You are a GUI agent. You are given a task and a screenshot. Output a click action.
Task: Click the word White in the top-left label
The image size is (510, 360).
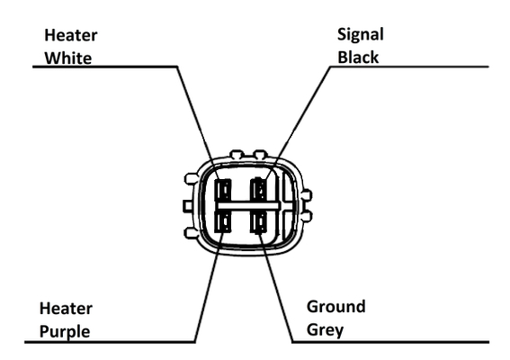click(x=68, y=58)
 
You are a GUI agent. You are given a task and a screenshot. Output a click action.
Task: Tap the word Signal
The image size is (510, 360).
click(x=361, y=35)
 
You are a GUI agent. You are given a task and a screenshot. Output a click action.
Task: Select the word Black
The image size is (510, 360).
click(x=358, y=58)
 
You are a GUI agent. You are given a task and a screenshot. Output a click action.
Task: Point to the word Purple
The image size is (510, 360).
click(x=65, y=332)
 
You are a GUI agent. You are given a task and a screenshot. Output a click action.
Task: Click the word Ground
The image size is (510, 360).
click(x=336, y=307)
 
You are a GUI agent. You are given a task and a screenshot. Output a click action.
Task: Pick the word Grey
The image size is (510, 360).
click(x=325, y=330)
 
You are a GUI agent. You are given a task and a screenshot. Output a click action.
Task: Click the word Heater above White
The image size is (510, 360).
click(x=70, y=35)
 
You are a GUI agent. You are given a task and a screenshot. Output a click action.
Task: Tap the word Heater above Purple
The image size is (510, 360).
click(x=66, y=309)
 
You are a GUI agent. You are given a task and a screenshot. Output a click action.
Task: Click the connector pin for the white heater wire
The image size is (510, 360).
click(x=223, y=190)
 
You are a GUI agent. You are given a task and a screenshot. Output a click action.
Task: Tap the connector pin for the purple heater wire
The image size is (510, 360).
click(x=223, y=221)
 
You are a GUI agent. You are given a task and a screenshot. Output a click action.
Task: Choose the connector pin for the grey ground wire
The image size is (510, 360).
click(x=259, y=221)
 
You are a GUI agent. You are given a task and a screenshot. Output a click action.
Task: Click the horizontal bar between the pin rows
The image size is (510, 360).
click(x=248, y=206)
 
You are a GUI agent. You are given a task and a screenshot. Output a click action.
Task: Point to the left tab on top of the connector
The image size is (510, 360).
click(x=237, y=154)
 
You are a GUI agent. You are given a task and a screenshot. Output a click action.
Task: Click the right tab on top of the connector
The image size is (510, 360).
click(x=260, y=154)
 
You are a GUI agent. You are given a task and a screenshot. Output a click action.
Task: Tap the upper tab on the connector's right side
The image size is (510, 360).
click(x=307, y=195)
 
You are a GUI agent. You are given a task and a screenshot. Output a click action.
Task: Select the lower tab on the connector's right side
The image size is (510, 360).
click(x=307, y=216)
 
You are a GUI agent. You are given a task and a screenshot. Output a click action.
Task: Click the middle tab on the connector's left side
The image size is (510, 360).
click(x=189, y=206)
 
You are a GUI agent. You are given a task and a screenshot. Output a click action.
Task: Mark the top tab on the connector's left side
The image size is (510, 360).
click(x=191, y=178)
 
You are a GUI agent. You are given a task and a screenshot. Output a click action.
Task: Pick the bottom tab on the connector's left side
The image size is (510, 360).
click(x=191, y=233)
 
